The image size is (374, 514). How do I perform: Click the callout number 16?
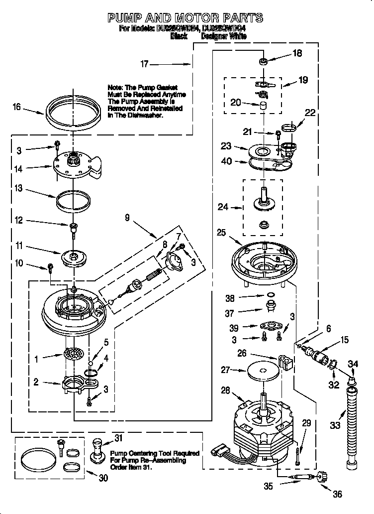(17, 107)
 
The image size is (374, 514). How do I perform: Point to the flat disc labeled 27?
(260, 371)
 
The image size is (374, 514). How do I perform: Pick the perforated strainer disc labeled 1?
(74, 356)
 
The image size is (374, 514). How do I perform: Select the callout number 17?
(145, 64)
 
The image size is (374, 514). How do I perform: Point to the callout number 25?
(221, 233)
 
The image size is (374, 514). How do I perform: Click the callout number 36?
(338, 495)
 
